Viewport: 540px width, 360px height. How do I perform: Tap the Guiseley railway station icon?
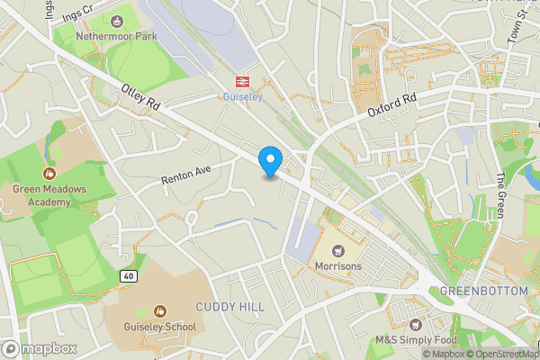click(242, 80)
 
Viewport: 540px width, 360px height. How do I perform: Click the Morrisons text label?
click(338, 267)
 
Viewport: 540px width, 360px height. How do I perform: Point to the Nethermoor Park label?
click(116, 37)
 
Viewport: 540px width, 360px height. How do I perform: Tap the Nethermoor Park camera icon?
click(116, 21)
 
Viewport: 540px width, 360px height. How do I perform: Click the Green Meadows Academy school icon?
click(49, 172)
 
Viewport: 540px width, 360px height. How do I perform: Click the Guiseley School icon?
click(160, 310)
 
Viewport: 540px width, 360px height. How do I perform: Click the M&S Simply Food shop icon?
click(415, 324)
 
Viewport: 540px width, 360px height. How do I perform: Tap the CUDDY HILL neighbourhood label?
click(230, 307)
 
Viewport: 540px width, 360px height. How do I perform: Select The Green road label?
click(501, 195)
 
